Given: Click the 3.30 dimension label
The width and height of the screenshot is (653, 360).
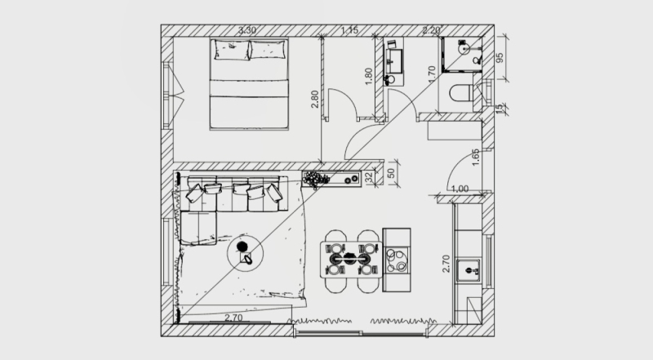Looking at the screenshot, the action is click(x=247, y=30).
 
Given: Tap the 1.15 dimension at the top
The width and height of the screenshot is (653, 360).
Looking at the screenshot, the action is click(x=350, y=30).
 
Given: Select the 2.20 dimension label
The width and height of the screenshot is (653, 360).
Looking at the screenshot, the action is click(x=432, y=30).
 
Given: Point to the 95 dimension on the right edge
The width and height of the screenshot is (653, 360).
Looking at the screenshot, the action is click(x=500, y=57).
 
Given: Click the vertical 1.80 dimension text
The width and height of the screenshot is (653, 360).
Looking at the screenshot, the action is click(x=369, y=77).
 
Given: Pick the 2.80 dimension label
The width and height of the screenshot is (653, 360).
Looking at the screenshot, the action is click(x=315, y=99).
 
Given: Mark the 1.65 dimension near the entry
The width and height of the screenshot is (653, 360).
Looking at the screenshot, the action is click(x=476, y=158).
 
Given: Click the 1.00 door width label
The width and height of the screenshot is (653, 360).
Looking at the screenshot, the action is click(x=460, y=189).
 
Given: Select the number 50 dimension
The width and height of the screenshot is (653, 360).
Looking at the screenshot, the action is click(x=391, y=173).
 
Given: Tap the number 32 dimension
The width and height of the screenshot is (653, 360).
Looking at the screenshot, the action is click(x=369, y=178).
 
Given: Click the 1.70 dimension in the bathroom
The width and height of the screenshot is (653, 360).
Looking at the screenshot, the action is click(x=432, y=73).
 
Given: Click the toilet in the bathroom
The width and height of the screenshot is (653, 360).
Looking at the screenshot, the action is click(x=461, y=93).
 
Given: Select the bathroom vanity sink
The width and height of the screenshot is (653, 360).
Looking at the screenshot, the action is click(x=393, y=63).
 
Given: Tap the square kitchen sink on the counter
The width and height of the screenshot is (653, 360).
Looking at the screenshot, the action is click(x=469, y=270).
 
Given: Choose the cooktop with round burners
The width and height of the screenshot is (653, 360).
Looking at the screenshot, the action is click(x=397, y=260).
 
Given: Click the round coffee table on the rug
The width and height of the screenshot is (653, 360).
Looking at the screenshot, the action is click(x=246, y=254).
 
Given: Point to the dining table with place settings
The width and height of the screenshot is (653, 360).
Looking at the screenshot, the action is click(x=351, y=259).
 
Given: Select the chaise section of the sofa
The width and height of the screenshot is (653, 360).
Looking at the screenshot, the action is click(x=199, y=228).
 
